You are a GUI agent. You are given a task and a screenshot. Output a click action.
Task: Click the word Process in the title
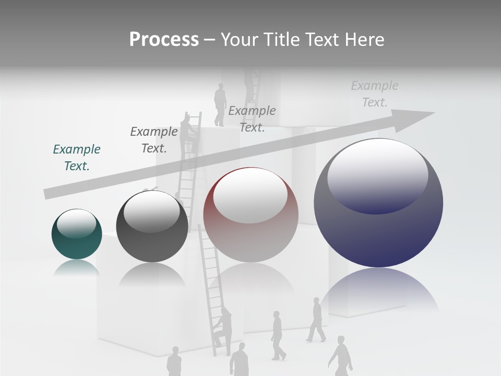[164, 40]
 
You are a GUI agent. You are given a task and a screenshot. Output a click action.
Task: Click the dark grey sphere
[152, 227]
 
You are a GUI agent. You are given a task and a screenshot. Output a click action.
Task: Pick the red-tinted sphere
[250, 215]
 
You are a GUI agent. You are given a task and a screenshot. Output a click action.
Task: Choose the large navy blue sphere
[378, 203]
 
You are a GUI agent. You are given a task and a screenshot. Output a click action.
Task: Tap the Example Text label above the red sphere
[252, 119]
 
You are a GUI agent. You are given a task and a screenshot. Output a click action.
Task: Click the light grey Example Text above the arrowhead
[375, 94]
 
